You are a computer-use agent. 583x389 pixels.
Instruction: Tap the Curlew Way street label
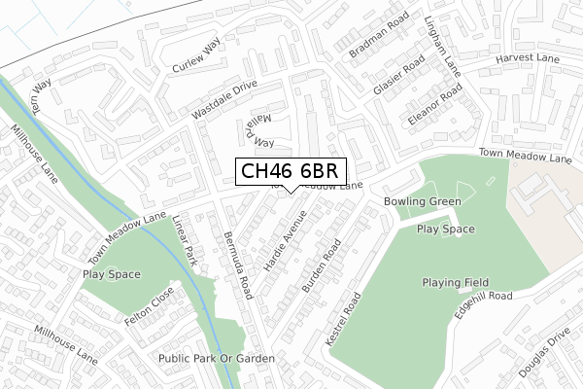(197, 57)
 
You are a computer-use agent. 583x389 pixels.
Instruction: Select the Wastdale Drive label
(224, 99)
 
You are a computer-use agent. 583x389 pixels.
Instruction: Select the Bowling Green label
(422, 201)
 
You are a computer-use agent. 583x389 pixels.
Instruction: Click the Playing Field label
(455, 283)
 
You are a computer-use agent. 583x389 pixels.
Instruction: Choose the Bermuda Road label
(237, 265)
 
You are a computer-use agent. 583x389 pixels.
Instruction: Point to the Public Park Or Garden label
(217, 359)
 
